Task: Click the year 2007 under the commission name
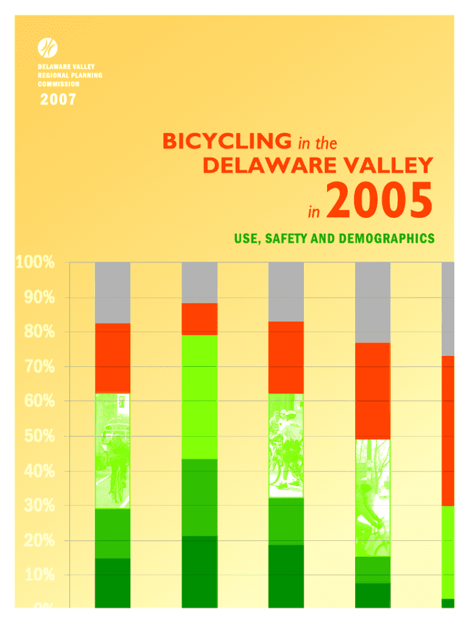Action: tap(58, 99)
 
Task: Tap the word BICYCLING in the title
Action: tap(227, 142)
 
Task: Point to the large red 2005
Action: tap(379, 203)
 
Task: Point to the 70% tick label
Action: tap(33, 367)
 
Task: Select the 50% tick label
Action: tap(33, 437)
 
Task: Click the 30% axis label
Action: tap(33, 506)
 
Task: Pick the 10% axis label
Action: tap(33, 575)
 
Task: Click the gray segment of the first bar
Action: tap(113, 292)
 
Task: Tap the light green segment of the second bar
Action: tap(200, 397)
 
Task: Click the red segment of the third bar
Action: tap(286, 357)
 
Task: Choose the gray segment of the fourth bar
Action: tap(373, 302)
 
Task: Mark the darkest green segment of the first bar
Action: tap(113, 582)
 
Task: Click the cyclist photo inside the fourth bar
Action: tap(373, 498)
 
